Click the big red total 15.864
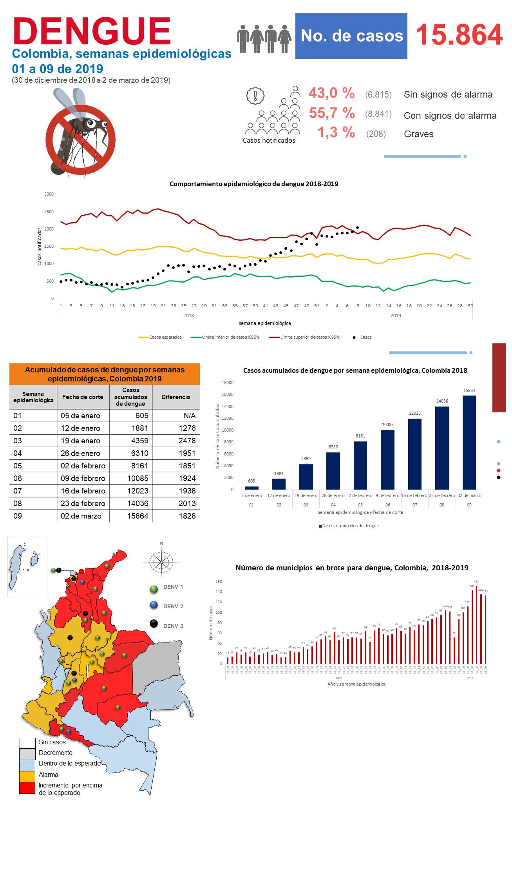459,35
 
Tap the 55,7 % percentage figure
332,113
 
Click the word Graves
418,134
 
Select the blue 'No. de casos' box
351,36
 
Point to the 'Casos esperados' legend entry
160,337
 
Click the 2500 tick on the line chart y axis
49,212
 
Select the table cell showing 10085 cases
137,478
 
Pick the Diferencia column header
175,397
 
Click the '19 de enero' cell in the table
80,441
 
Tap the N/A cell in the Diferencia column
189,415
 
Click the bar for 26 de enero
333,471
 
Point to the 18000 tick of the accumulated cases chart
228,383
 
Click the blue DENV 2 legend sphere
154,605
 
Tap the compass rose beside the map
161,562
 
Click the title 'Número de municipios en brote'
351,568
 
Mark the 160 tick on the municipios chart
219,581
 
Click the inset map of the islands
27,566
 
